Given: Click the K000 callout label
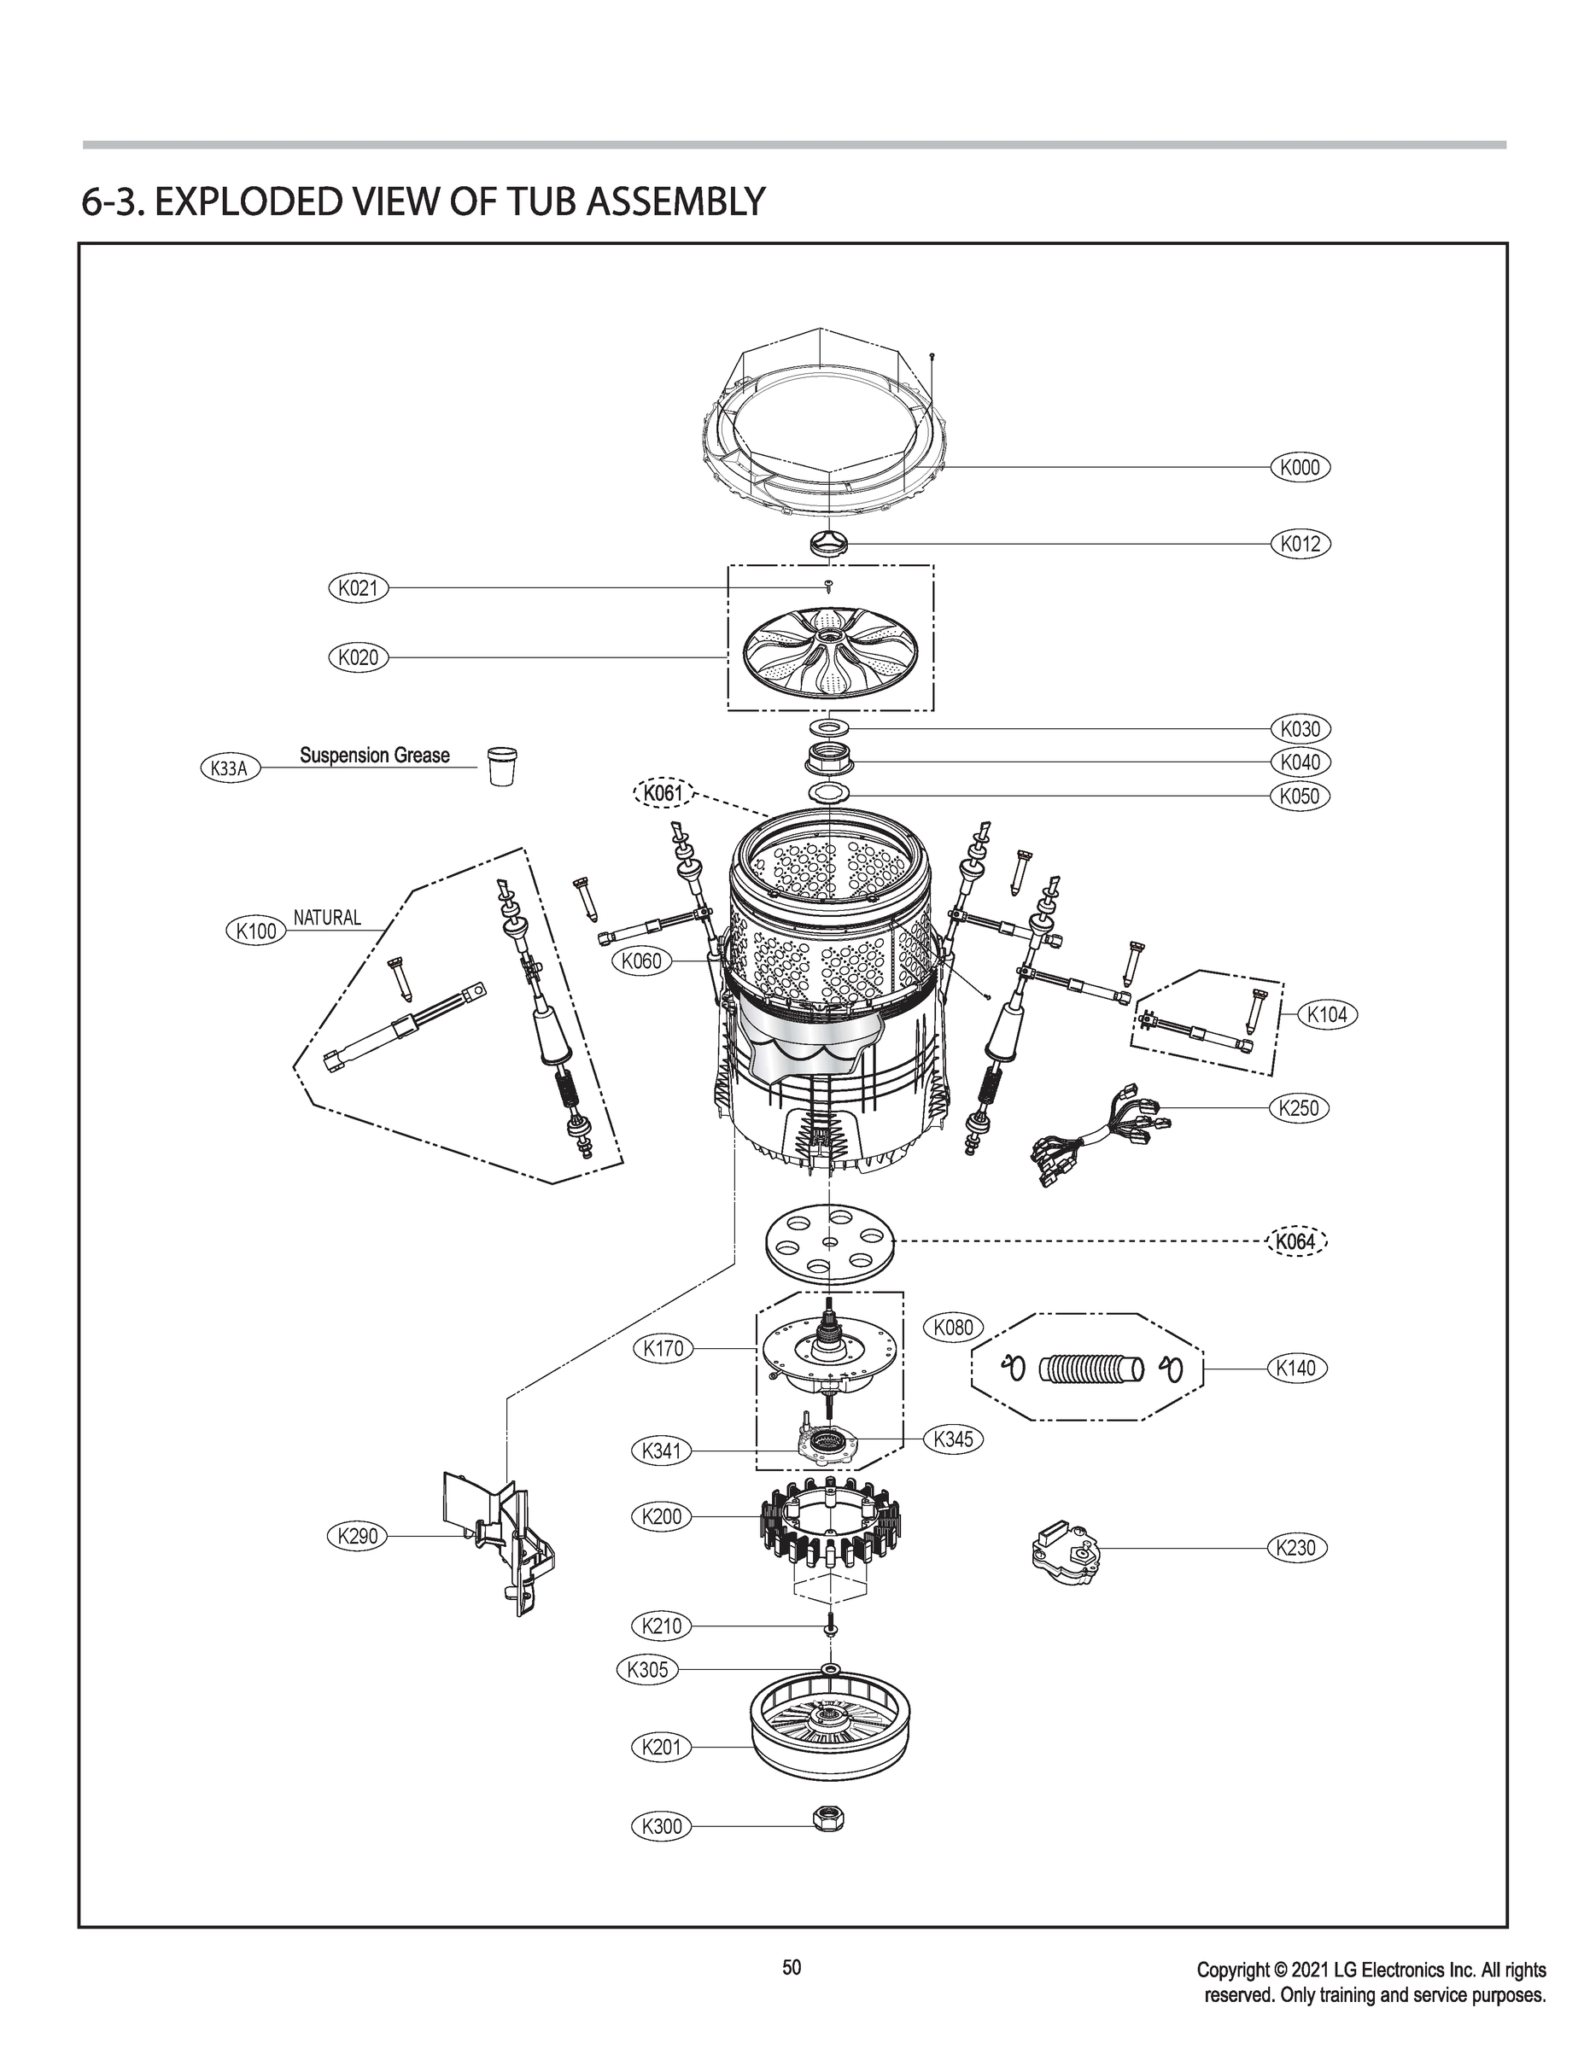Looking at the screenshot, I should point(1300,467).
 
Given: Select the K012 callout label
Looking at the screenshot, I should point(1300,543).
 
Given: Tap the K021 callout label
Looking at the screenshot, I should point(358,588).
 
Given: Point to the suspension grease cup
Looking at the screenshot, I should point(502,766).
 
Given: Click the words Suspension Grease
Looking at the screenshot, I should point(374,756).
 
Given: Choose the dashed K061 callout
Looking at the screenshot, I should point(662,794).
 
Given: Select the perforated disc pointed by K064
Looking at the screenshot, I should point(829,1242).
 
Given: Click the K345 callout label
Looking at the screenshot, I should point(954,1439).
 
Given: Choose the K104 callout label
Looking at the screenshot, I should point(1327,1014).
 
